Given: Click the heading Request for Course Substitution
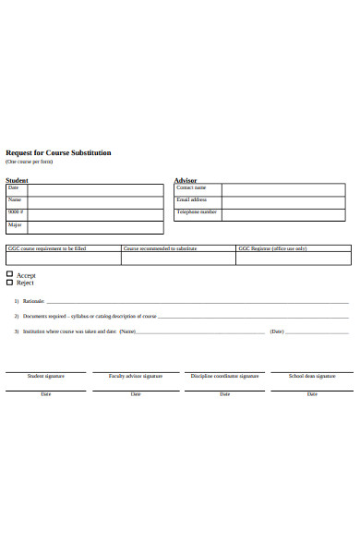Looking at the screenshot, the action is click(x=59, y=152).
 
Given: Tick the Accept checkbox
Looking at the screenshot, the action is click(x=10, y=274).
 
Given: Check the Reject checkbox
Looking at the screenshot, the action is click(x=10, y=283).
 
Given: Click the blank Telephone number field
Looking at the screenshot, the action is click(x=283, y=214).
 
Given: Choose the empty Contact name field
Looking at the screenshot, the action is click(x=283, y=189).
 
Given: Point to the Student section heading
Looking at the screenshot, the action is click(x=17, y=180).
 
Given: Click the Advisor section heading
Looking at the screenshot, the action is click(x=186, y=180).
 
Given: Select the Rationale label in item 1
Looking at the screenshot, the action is click(x=33, y=302).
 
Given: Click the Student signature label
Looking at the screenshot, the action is click(x=46, y=377).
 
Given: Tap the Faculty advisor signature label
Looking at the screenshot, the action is click(x=136, y=377).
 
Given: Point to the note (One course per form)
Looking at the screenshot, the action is click(x=30, y=162).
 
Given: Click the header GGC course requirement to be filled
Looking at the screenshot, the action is click(x=47, y=248).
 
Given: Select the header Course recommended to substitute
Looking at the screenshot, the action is click(x=161, y=248).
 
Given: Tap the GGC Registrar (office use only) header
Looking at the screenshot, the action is click(x=273, y=248).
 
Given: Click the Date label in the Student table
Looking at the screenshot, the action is click(x=14, y=187).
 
